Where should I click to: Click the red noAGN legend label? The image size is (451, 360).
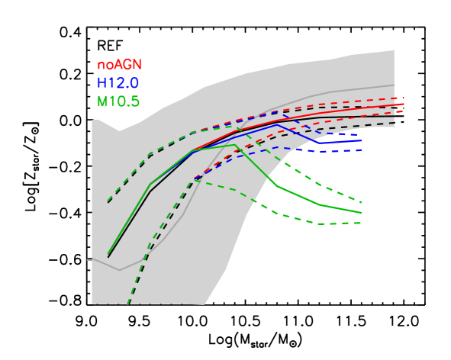[x=119, y=66]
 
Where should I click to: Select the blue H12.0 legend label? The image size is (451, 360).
[x=118, y=83]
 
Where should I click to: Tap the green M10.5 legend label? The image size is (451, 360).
[x=118, y=101]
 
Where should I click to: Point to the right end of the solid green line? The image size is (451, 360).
[x=361, y=213]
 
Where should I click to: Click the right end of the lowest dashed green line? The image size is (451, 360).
[x=361, y=223]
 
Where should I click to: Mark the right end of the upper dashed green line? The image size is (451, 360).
[x=361, y=203]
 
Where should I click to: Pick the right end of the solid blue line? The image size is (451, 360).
[x=361, y=140]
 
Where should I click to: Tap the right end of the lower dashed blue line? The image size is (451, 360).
[x=361, y=150]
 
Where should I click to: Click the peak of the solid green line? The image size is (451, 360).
[x=235, y=145]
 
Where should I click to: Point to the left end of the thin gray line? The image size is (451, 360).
[x=89, y=259]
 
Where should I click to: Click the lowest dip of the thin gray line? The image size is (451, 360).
[x=119, y=270]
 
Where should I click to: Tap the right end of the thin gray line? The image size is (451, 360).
[x=395, y=85]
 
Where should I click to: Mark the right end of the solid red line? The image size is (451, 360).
[x=403, y=104]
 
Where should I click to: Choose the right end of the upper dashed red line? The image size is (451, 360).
[x=403, y=98]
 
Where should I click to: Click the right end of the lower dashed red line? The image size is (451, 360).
[x=403, y=111]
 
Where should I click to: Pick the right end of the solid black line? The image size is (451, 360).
[x=395, y=116]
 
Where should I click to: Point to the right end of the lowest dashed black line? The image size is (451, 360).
[x=395, y=123]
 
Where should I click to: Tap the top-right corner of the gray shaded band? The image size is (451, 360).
[x=394, y=50]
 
